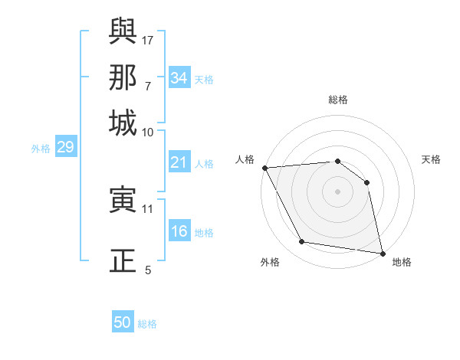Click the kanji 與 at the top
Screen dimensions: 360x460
pyautogui.click(x=123, y=32)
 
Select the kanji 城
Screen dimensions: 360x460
pyautogui.click(x=123, y=122)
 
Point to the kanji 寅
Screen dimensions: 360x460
pyautogui.click(x=123, y=201)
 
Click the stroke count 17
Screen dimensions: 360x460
pyautogui.click(x=149, y=39)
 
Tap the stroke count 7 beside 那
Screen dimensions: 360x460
pyautogui.click(x=148, y=86)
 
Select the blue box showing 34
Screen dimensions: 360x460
pyautogui.click(x=179, y=78)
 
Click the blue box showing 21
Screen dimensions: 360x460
pyautogui.click(x=179, y=162)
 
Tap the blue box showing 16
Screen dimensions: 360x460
pyautogui.click(x=179, y=232)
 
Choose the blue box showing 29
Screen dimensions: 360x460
pyautogui.click(x=65, y=147)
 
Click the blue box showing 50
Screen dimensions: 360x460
pyautogui.click(x=123, y=322)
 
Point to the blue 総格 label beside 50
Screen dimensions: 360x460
pyautogui.click(x=147, y=324)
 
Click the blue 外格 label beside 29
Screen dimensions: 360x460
pyautogui.click(x=41, y=149)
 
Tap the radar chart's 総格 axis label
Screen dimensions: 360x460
pyautogui.click(x=337, y=100)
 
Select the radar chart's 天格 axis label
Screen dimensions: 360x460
pyautogui.click(x=432, y=159)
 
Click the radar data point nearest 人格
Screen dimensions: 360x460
pyautogui.click(x=264, y=168)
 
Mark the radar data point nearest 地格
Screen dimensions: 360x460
pyautogui.click(x=381, y=252)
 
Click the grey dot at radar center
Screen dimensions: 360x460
pyautogui.click(x=337, y=191)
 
